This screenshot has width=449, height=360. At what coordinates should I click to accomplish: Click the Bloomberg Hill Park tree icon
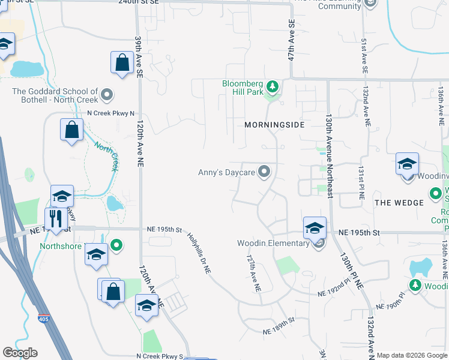coord(273,88)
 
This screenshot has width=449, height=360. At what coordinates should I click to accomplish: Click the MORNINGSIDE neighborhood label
coord(274,125)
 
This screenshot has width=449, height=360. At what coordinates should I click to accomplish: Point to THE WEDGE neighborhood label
coord(399,203)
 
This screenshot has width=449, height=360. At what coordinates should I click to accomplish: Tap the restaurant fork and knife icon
coord(56,218)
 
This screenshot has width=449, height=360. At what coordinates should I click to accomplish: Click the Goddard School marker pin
coord(107,94)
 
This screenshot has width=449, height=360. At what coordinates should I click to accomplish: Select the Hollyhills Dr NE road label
coord(198,253)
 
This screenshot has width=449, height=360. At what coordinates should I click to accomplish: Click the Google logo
coord(20,352)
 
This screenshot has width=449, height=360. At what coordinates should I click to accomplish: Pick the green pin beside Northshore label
coord(117,245)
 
